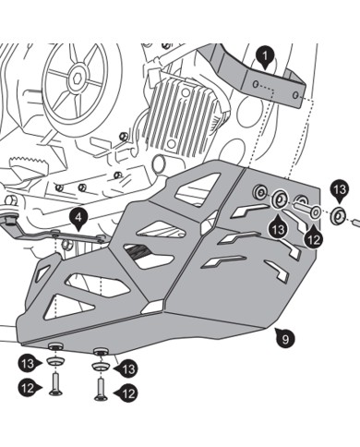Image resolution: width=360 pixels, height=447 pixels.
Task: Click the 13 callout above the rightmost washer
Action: coord(340,191)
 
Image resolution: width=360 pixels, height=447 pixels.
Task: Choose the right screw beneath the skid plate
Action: coord(99,388)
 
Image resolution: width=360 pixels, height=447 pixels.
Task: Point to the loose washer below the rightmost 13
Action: coord(339,217)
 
